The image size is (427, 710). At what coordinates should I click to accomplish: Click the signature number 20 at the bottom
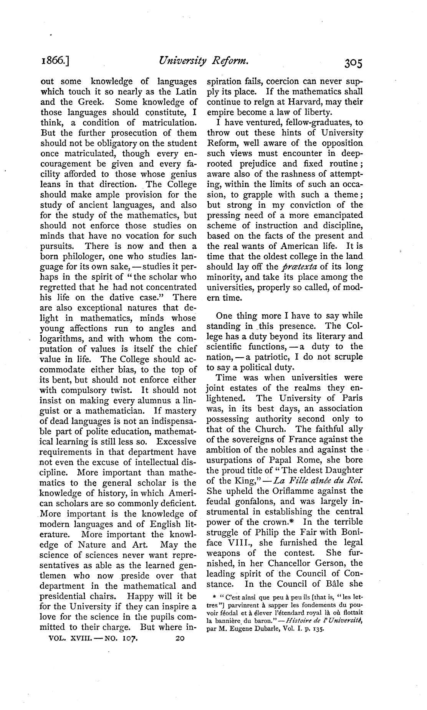(x=179, y=639)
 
